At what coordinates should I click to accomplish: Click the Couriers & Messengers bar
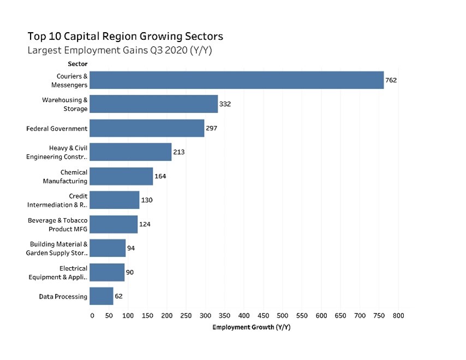coord(236,80)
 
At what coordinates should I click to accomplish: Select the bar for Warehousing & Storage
coord(153,104)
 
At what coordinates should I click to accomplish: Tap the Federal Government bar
coord(147,129)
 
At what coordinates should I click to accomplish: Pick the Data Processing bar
coord(101,296)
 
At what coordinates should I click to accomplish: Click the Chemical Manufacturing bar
coord(121,176)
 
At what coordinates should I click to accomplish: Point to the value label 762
coord(391,80)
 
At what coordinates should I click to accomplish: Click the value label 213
coord(178,152)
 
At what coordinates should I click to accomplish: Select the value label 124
coord(145,224)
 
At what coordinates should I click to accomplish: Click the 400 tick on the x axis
coord(244,316)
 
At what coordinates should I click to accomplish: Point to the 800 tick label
coord(398,316)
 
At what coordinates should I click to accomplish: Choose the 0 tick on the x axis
coord(92,316)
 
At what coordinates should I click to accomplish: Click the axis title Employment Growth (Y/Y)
coord(244,327)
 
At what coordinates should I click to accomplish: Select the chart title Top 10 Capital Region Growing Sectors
coord(125,37)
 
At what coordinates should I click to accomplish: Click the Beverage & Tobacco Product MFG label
coord(58,224)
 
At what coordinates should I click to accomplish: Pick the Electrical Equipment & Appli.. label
coord(58,272)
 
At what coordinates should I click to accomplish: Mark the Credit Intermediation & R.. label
coord(57,200)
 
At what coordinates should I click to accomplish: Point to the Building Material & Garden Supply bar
coord(107,248)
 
